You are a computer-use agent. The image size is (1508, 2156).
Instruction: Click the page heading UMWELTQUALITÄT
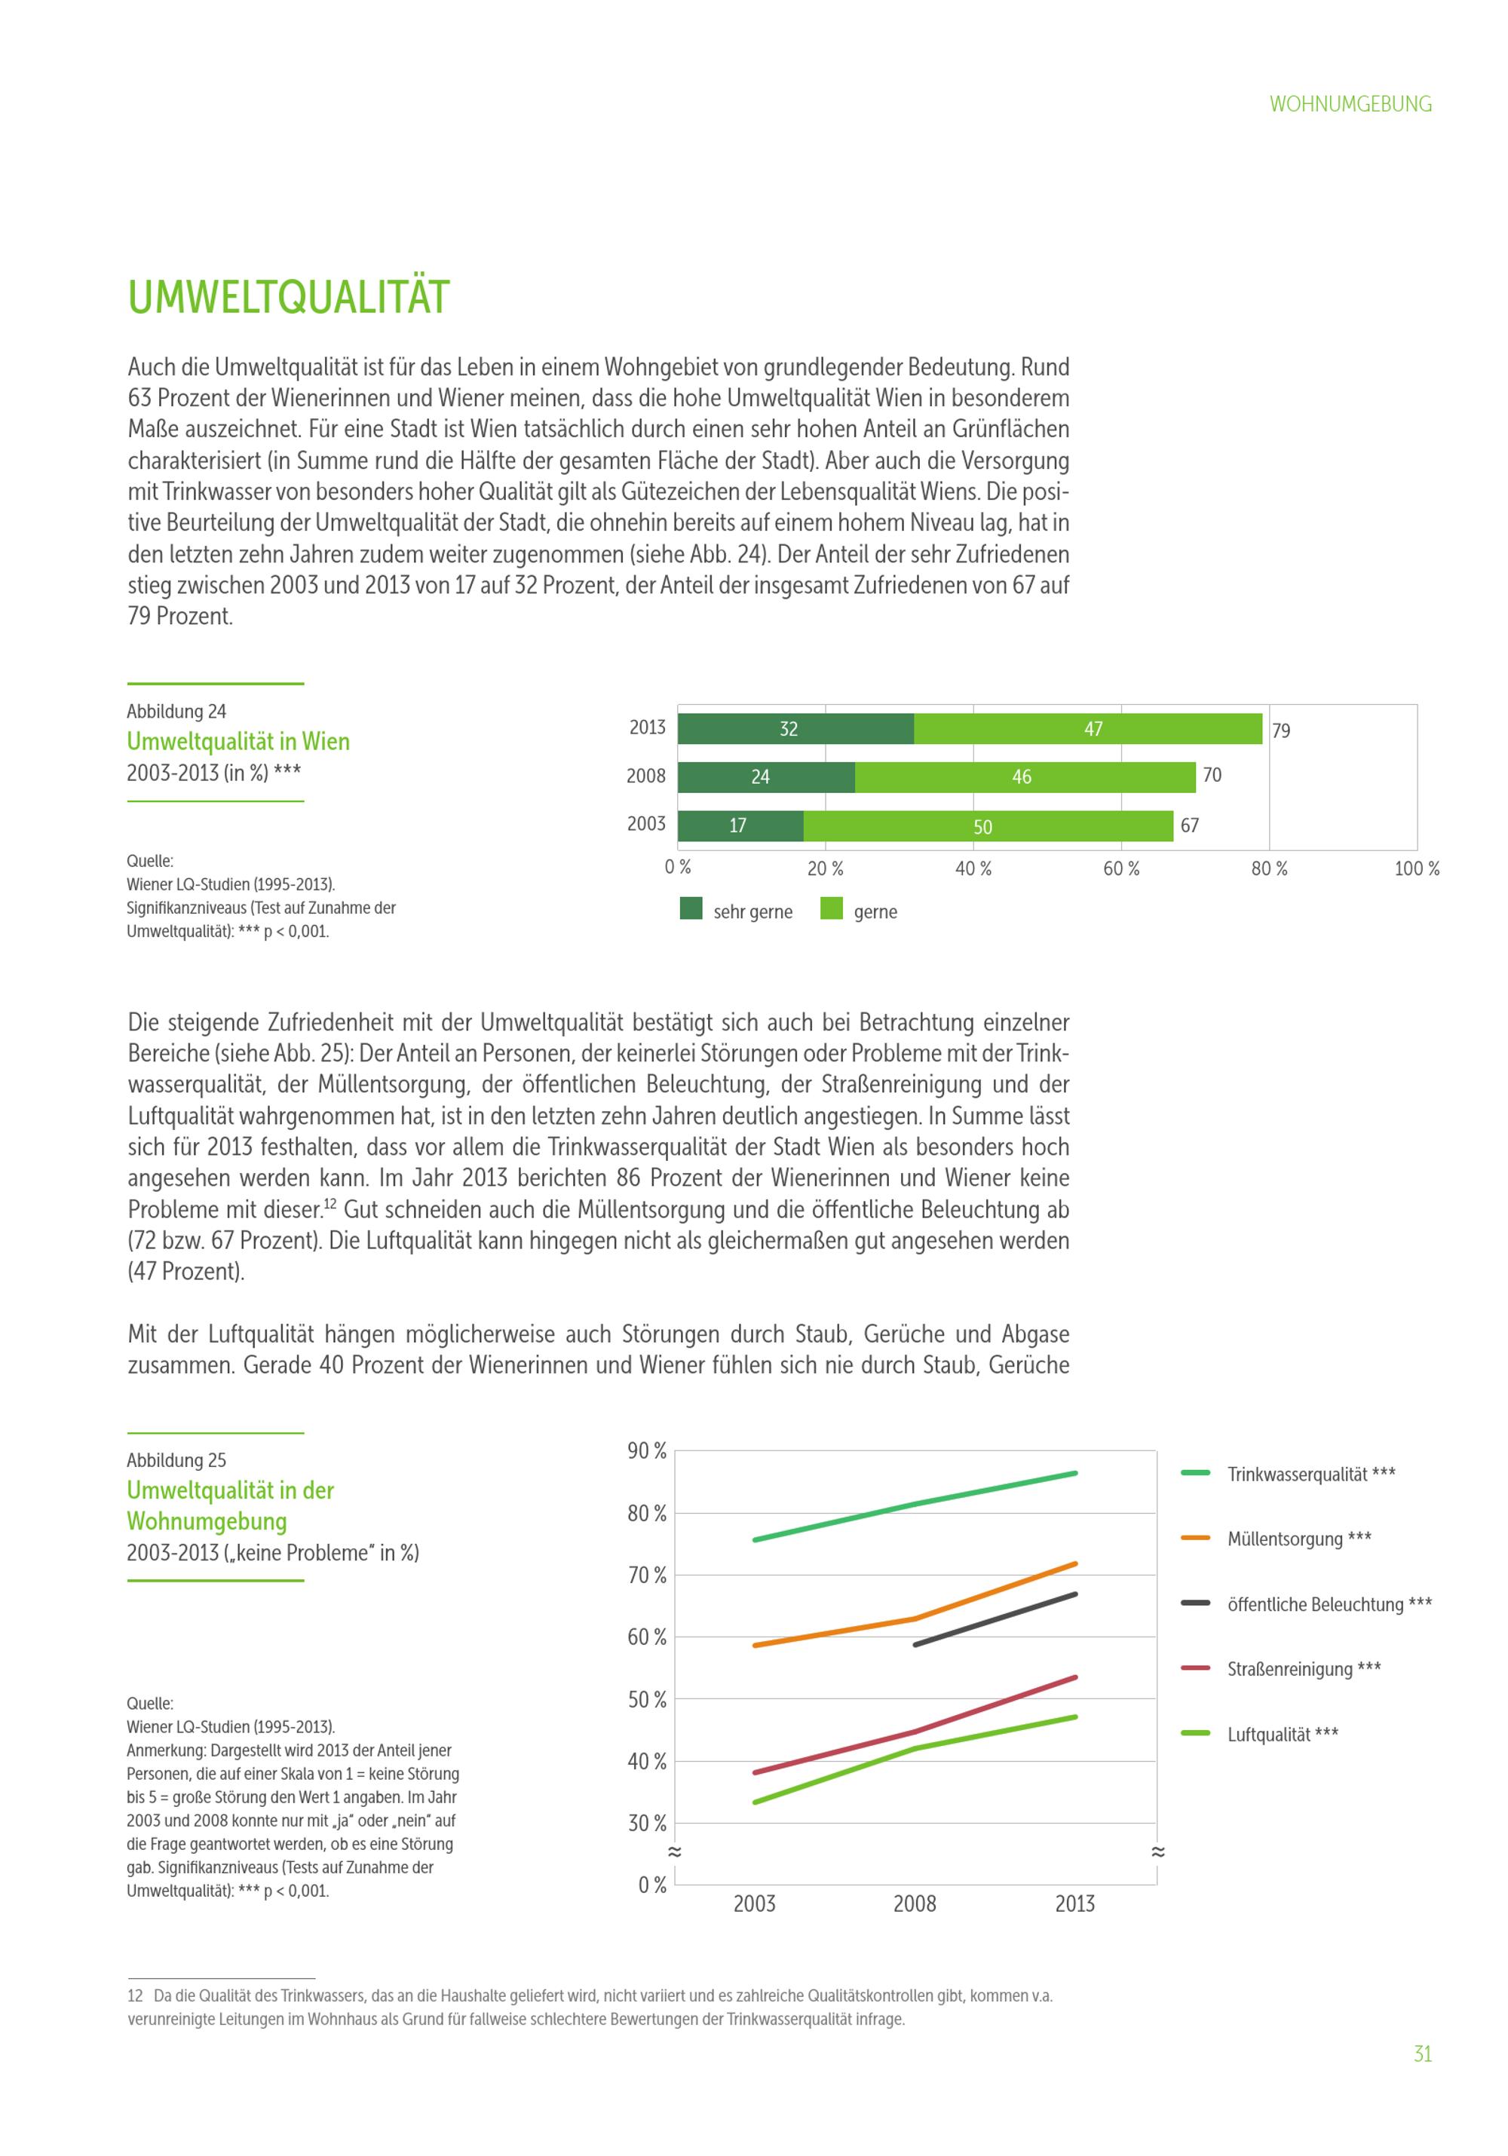coord(288,297)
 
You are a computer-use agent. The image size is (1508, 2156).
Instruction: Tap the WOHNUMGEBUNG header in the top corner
coord(1350,104)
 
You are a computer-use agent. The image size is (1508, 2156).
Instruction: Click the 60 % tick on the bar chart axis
coord(1120,868)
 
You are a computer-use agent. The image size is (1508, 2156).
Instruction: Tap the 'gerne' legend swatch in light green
coord(830,908)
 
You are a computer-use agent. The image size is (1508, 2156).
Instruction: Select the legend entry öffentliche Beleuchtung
coord(1328,1604)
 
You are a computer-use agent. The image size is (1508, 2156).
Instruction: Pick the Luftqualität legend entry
coord(1282,1735)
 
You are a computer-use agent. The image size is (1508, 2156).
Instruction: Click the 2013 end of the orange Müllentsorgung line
coord(1075,1563)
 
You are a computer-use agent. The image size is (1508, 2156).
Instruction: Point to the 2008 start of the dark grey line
coord(915,1645)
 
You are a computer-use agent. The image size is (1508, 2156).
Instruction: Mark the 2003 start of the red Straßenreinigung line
coord(755,1773)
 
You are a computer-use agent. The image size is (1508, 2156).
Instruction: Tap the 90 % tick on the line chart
coord(647,1452)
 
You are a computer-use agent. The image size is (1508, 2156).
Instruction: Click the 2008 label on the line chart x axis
coord(915,1903)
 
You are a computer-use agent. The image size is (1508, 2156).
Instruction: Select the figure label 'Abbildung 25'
coord(176,1460)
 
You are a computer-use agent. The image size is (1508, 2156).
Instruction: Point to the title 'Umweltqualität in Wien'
coord(238,741)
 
